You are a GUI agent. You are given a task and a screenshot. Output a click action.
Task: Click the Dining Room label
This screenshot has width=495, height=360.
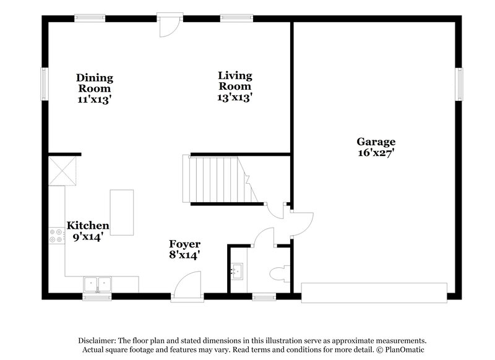[x=95, y=83]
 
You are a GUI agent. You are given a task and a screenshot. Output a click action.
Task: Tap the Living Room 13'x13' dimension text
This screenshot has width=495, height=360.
[x=235, y=98]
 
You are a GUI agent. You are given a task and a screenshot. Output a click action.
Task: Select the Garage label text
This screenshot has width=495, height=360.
[x=376, y=142]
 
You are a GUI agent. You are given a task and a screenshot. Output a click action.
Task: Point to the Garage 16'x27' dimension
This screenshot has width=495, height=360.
[x=376, y=153]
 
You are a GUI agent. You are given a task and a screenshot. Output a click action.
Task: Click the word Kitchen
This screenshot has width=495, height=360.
[x=88, y=226]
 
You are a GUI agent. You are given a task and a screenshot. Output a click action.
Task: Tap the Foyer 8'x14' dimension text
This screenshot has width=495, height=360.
[x=184, y=254]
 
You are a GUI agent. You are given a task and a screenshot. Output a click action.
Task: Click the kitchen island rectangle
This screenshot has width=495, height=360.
[x=122, y=212]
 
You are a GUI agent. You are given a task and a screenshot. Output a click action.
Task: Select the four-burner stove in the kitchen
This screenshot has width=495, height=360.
[x=56, y=235]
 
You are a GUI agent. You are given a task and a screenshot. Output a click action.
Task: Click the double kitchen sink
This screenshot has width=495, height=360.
[x=97, y=284]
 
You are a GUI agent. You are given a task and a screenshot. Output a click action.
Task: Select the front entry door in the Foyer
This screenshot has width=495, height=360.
[x=187, y=288]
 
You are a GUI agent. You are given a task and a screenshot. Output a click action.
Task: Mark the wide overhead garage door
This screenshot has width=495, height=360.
[x=374, y=293]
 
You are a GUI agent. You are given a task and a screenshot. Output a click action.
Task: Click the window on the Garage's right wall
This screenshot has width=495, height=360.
[x=460, y=84]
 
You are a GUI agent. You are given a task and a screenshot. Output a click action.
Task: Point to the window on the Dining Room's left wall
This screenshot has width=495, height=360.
[x=44, y=83]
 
